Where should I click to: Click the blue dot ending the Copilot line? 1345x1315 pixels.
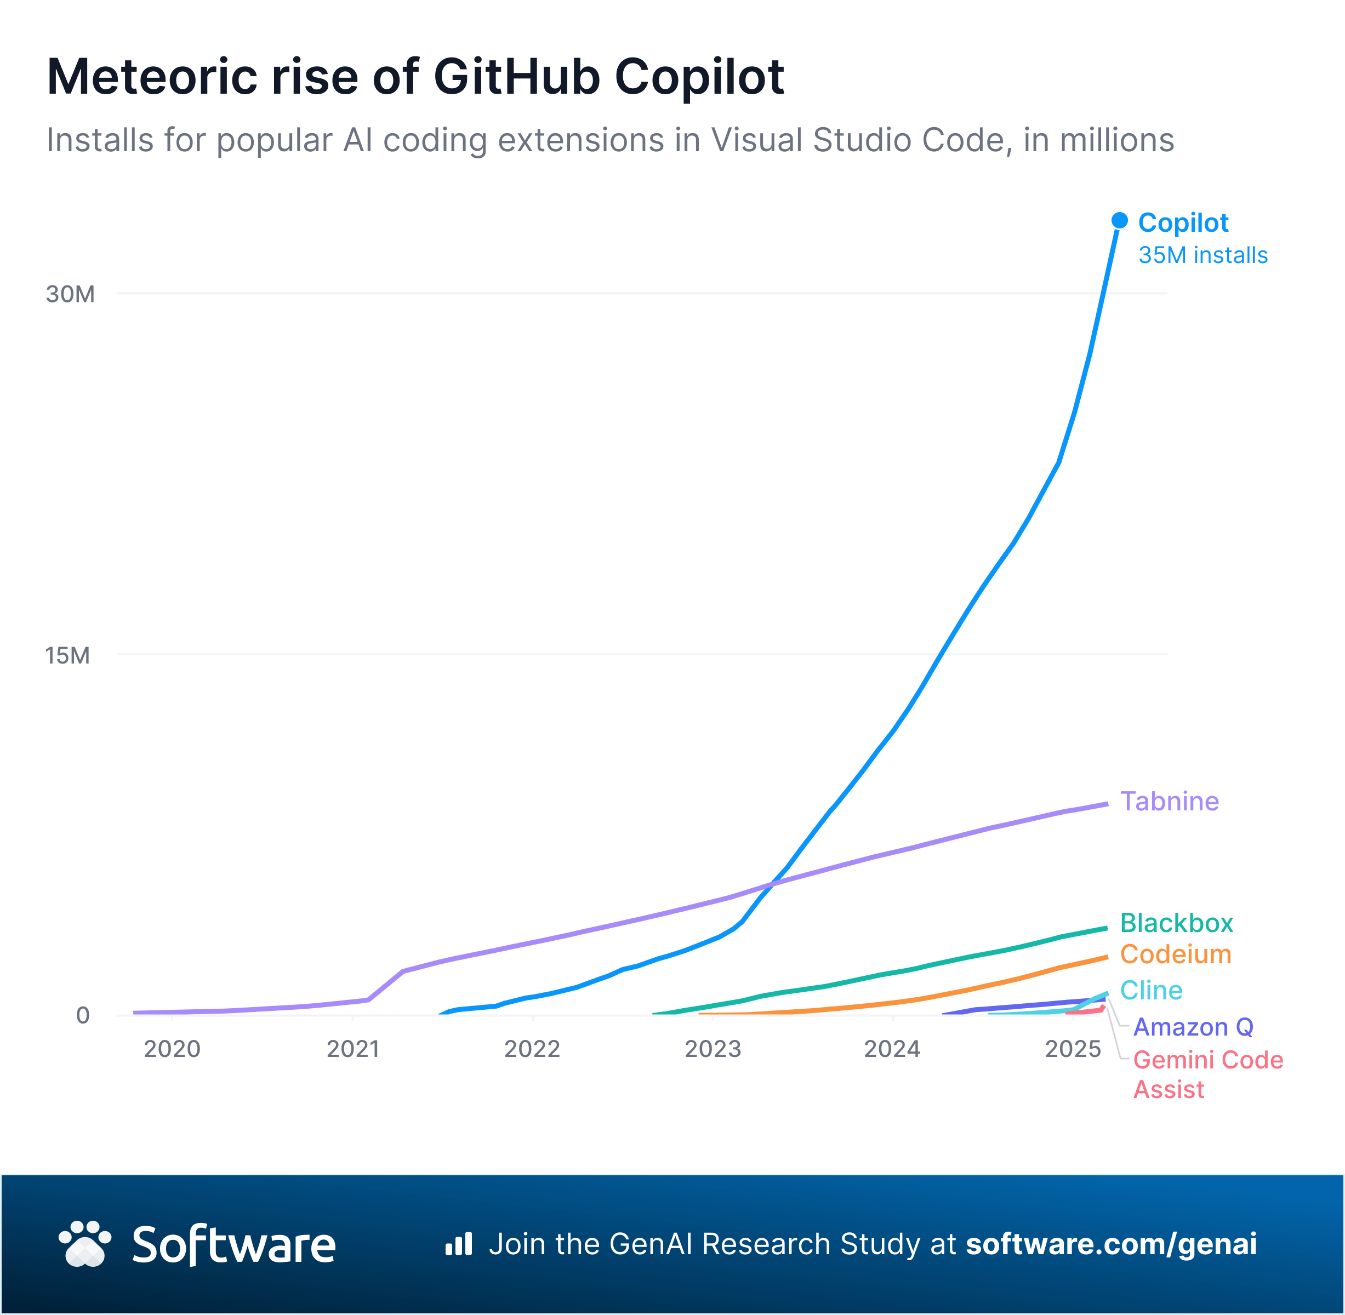click(1120, 220)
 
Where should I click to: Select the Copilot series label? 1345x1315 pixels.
click(1183, 223)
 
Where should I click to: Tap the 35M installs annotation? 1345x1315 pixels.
click(1202, 255)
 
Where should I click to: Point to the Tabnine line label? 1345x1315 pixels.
click(1169, 801)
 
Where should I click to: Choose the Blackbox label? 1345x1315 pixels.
click(1176, 923)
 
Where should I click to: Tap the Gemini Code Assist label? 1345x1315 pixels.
click(1207, 1074)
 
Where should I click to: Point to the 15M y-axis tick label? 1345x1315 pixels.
click(68, 655)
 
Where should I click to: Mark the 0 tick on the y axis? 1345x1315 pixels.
click(83, 1015)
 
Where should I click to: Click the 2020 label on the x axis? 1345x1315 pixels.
click(172, 1049)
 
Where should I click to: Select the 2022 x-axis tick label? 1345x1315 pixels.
click(532, 1049)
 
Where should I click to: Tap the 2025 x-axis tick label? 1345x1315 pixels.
click(1073, 1049)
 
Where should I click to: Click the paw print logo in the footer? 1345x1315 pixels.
click(85, 1244)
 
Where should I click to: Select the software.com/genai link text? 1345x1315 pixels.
click(1111, 1244)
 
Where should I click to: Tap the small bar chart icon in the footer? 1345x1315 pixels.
click(459, 1244)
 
